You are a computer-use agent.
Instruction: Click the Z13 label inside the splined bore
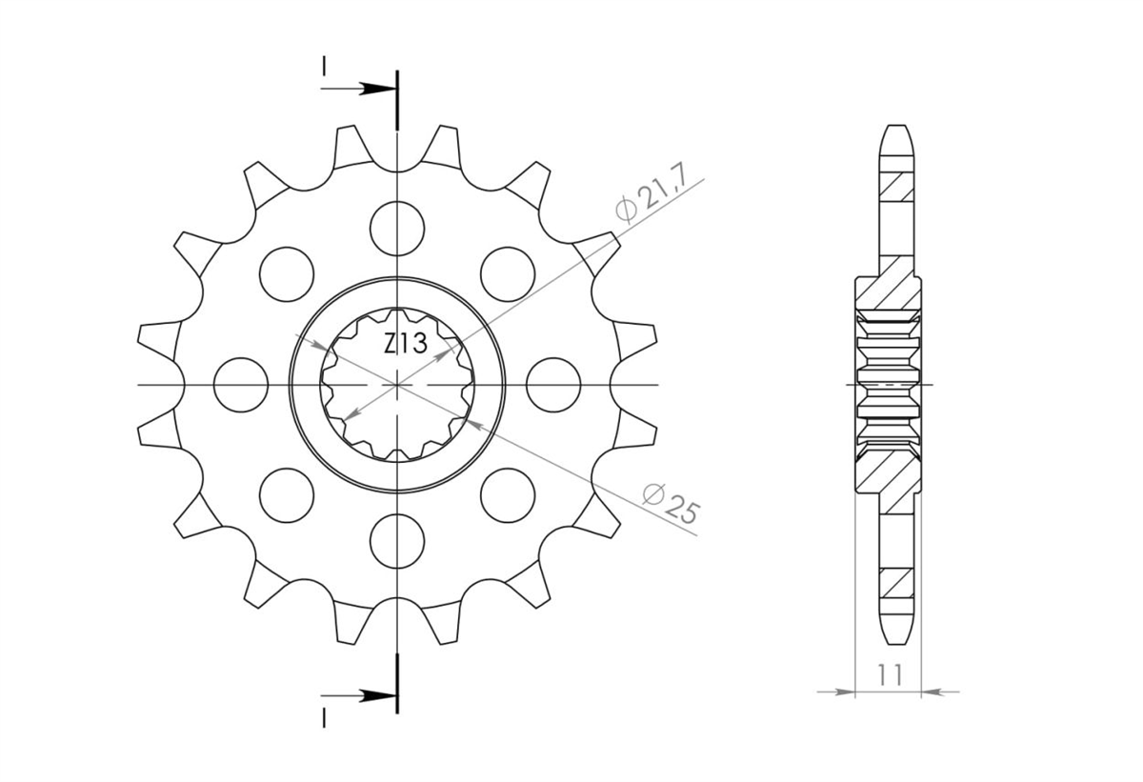click(405, 344)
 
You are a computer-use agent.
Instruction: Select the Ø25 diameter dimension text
click(670, 504)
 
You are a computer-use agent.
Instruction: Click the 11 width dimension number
click(890, 675)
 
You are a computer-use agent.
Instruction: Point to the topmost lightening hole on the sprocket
click(397, 229)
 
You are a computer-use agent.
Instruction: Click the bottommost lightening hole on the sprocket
click(397, 541)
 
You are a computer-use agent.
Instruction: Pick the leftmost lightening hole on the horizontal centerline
click(241, 385)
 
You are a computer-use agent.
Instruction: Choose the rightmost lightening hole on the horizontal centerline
click(553, 385)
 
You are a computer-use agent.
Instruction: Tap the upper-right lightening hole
click(508, 274)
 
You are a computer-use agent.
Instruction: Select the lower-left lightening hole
click(287, 495)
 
